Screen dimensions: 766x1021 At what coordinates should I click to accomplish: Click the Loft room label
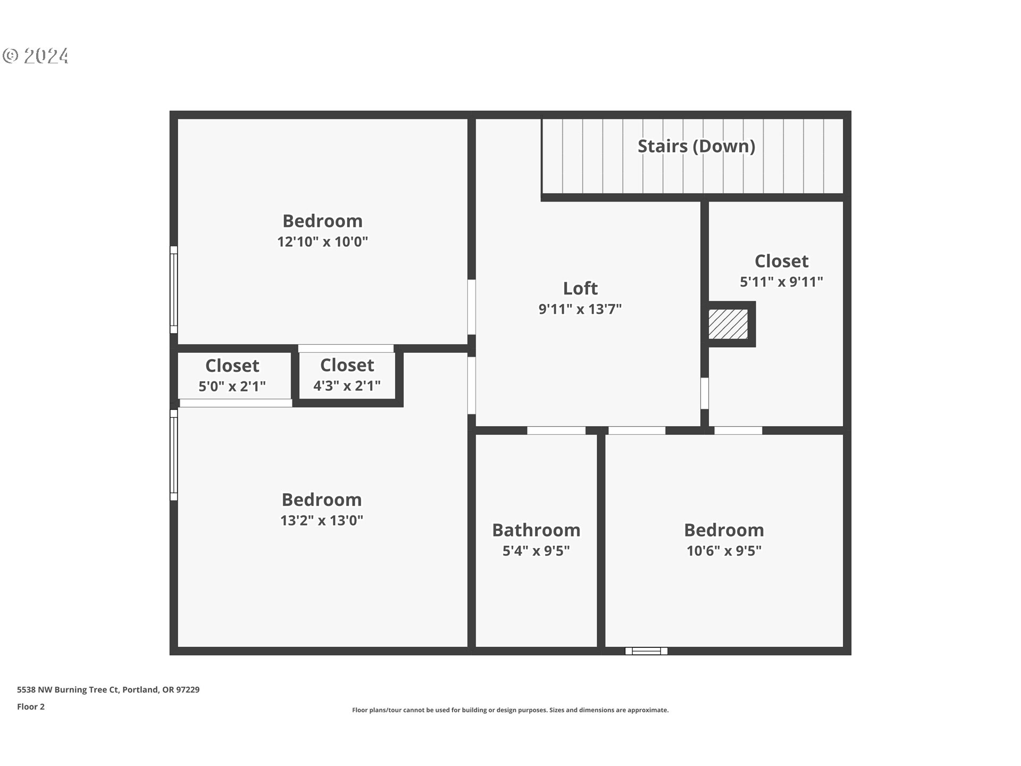580,288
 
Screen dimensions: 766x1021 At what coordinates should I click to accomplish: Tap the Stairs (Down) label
696,146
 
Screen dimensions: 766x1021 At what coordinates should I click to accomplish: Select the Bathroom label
536,530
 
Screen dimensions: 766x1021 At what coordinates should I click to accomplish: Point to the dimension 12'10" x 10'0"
322,242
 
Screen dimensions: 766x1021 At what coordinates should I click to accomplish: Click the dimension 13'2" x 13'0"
322,520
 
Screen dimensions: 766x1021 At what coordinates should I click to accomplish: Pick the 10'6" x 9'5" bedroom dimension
724,551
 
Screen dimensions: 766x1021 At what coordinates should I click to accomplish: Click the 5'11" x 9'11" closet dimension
781,281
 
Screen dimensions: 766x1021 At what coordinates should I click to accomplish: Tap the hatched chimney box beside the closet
728,324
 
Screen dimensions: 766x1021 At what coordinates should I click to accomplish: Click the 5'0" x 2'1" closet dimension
232,386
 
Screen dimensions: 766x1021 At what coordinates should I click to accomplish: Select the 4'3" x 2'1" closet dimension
347,386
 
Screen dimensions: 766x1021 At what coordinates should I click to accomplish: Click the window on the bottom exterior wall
646,651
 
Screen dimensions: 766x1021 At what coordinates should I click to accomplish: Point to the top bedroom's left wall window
173,289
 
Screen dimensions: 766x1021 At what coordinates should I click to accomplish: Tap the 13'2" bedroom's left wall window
173,455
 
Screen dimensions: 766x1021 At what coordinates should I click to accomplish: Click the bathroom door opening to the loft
556,430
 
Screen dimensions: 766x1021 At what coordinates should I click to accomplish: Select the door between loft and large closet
705,393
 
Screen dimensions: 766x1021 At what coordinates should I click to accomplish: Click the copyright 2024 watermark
36,56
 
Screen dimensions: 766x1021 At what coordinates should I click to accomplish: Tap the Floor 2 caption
31,706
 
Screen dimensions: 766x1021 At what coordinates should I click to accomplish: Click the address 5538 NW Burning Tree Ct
108,689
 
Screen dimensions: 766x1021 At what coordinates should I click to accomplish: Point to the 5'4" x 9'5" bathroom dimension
536,551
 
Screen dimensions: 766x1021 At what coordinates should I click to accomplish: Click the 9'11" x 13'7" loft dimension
580,309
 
